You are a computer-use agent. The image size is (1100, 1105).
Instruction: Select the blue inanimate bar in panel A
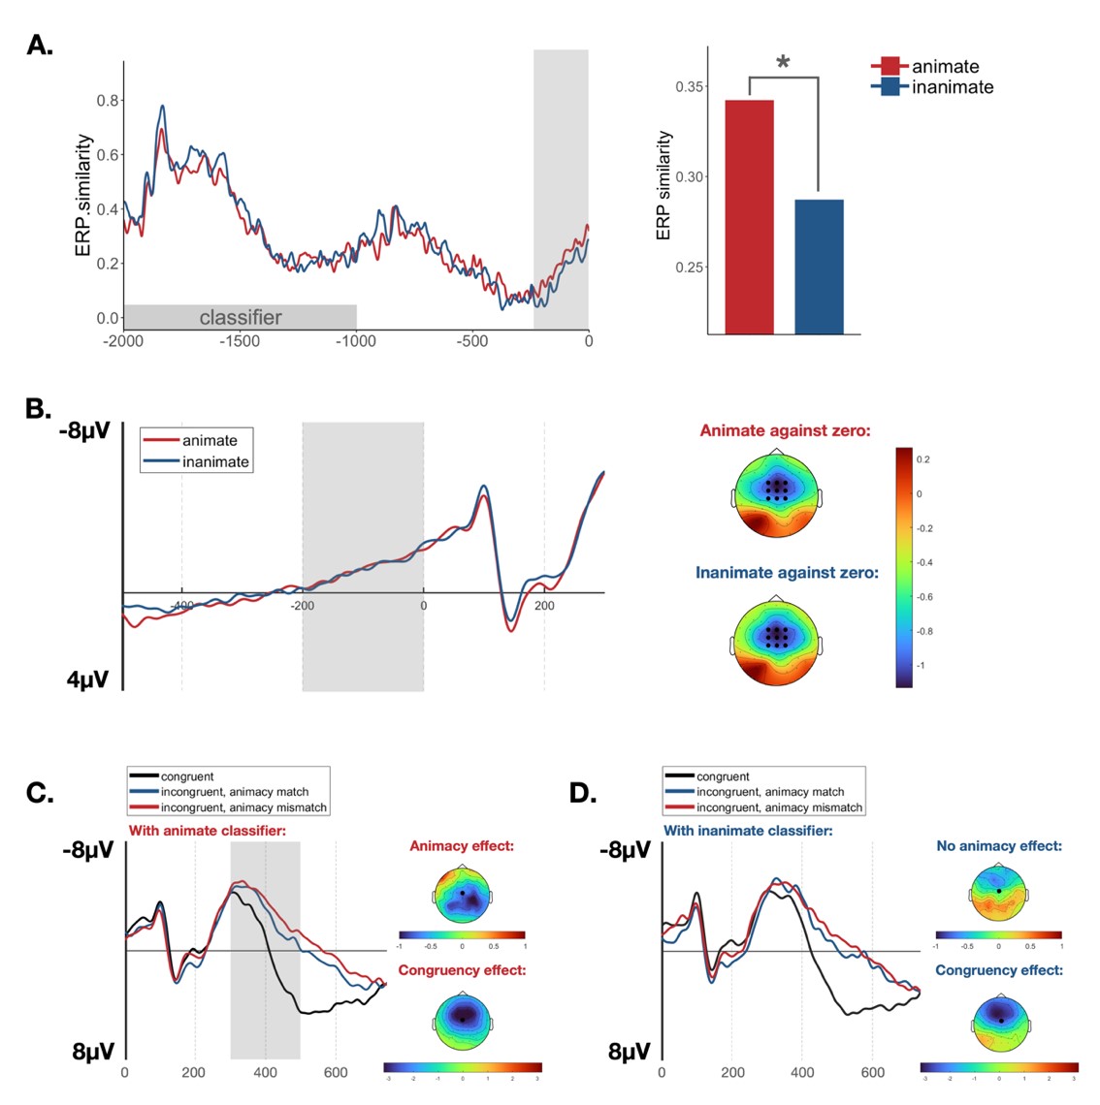coord(819,267)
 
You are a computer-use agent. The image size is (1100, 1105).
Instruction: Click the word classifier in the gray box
coord(241,317)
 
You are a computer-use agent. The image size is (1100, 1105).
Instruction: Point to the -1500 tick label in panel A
coord(240,341)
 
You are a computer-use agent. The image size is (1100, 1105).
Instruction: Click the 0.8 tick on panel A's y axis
coord(108,101)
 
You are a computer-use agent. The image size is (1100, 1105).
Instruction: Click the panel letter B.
coord(38,409)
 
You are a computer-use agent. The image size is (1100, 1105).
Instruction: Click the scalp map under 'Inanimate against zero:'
coord(776,644)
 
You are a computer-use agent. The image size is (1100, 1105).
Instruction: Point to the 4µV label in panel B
coord(88,679)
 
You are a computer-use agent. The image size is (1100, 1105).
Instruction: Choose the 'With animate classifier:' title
coord(207,831)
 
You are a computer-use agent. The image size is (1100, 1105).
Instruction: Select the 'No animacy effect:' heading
coord(998,846)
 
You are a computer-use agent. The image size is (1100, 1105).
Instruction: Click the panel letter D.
coord(581,793)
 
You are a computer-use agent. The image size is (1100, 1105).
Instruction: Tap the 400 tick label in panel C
coord(265,1073)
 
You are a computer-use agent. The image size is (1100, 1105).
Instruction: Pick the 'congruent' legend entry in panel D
coord(723,776)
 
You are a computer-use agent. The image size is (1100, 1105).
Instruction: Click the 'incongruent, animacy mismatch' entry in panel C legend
coord(243,807)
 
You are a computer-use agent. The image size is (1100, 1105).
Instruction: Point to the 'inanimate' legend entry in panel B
coord(215,462)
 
